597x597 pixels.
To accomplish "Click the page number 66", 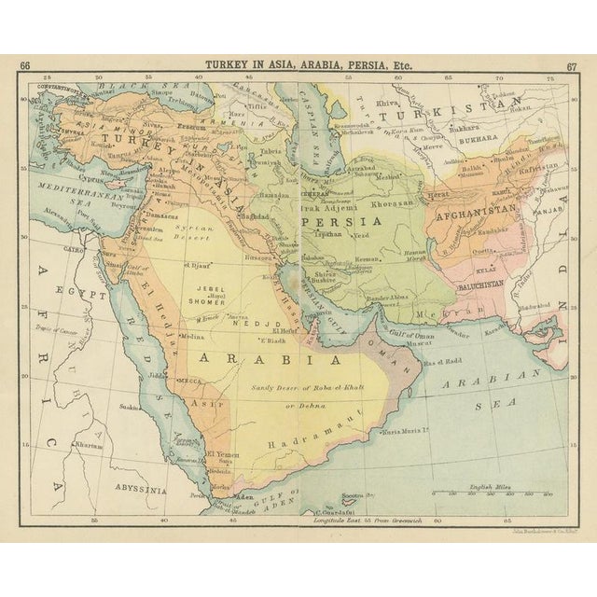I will (25, 65).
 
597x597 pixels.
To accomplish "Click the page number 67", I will (570, 65).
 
